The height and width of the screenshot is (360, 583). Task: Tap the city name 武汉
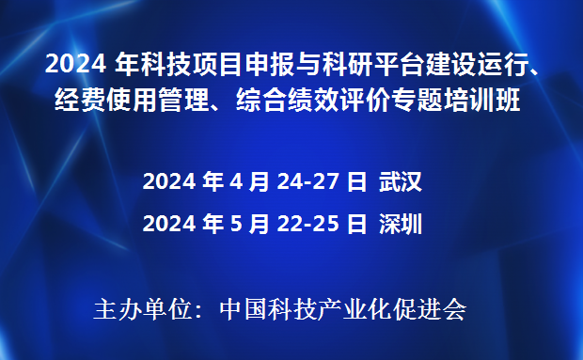401,182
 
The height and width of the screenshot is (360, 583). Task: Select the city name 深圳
401,224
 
